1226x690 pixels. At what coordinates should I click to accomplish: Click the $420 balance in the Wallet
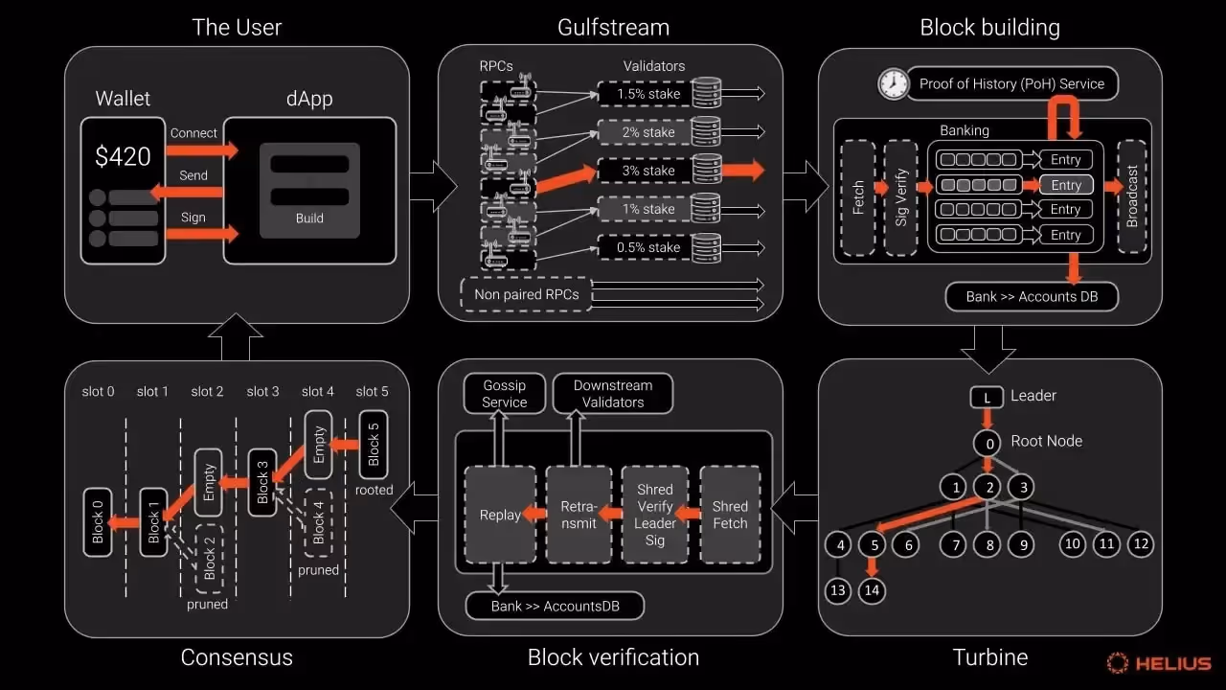[123, 156]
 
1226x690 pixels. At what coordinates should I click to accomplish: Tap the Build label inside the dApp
[309, 218]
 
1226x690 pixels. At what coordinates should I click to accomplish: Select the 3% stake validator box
[648, 171]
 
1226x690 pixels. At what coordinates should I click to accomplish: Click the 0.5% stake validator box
[648, 247]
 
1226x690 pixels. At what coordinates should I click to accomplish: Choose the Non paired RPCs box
[526, 294]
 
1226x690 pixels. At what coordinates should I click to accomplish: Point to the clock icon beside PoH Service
[893, 83]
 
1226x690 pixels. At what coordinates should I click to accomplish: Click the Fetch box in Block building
[858, 197]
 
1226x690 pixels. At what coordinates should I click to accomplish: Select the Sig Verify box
[901, 197]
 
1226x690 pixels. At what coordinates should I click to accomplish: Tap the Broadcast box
[1132, 197]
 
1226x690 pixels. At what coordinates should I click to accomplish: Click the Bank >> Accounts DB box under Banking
[1031, 296]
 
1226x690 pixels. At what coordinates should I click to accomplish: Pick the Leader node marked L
[987, 396]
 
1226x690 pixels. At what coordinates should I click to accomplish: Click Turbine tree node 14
[872, 590]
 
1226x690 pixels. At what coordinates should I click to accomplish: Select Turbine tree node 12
[1140, 544]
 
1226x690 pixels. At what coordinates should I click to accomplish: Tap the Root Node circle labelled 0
[987, 443]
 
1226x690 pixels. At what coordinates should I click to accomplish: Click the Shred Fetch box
[730, 515]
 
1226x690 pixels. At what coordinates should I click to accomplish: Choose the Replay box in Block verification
[500, 515]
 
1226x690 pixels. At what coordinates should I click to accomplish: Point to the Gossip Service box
[504, 394]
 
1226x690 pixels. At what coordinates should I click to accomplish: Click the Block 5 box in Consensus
[374, 444]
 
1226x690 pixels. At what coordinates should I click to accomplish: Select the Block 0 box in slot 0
[97, 522]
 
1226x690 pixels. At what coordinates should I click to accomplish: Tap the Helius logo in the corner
[1159, 662]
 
